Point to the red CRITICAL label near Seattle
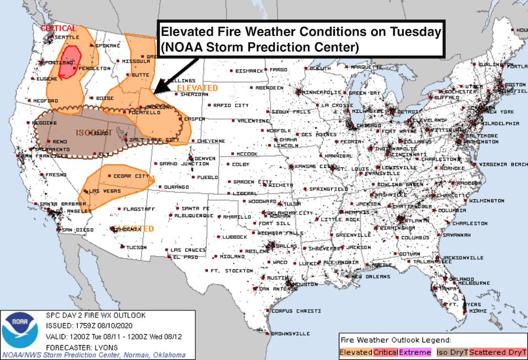pyautogui.click(x=58, y=28)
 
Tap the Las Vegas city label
pyautogui.click(x=102, y=191)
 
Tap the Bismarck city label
pyautogui.click(x=249, y=71)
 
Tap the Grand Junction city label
pyautogui.click(x=179, y=164)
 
